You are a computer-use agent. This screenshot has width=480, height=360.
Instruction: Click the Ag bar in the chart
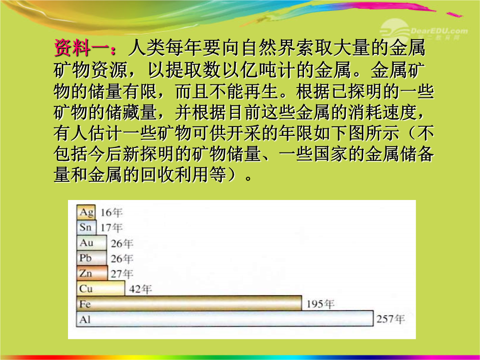tap(86, 212)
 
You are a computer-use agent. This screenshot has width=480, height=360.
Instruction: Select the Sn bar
tap(87, 228)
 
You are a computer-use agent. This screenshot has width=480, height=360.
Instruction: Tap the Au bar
tap(92, 243)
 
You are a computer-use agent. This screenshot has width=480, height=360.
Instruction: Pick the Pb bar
tap(92, 258)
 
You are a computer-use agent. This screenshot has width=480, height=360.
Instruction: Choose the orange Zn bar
tap(92, 273)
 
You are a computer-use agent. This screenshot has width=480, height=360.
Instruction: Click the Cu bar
tap(101, 288)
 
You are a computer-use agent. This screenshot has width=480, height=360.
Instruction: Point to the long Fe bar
tap(189, 304)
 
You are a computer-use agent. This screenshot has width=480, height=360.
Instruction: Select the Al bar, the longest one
tap(225, 319)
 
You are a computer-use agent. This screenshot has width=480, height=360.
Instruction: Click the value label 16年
tap(112, 212)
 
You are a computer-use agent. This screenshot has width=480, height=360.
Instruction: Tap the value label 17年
tap(112, 228)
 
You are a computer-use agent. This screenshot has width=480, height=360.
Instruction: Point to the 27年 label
tap(122, 274)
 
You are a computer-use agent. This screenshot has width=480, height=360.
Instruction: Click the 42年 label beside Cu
tap(140, 289)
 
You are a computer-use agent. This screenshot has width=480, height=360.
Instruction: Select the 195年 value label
tap(320, 304)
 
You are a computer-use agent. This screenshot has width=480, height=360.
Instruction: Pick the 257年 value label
tap(391, 319)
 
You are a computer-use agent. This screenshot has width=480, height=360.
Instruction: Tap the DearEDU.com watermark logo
tap(424, 31)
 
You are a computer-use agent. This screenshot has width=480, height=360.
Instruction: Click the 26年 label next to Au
tap(122, 244)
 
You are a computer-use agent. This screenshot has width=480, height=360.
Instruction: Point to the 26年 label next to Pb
tap(122, 259)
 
